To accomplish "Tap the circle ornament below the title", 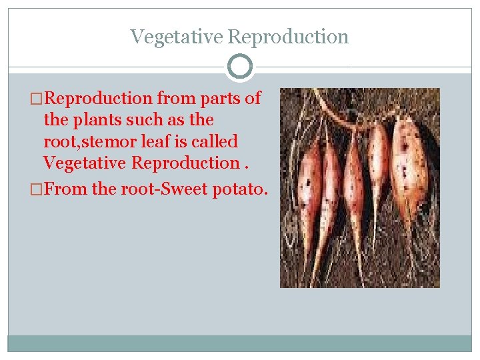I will [240, 67].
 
